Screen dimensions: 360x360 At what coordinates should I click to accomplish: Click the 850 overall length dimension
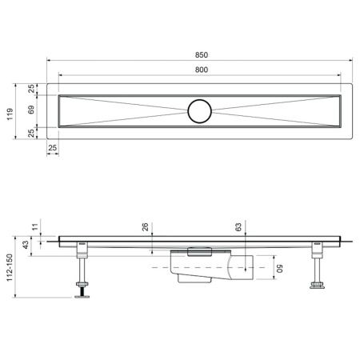click(x=201, y=54)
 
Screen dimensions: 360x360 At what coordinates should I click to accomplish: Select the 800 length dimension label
click(x=201, y=71)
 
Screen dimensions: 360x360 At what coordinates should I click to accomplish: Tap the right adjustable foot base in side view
click(x=317, y=286)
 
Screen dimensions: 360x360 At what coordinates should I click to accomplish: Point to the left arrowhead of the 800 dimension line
click(x=61, y=78)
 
